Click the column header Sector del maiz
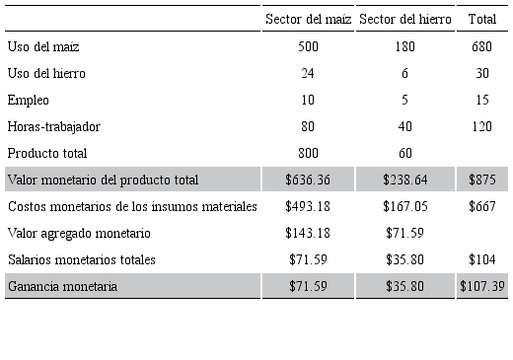pos(309,19)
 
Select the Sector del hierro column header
pos(404,19)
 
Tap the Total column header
pos(482,19)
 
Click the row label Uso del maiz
pos(43,46)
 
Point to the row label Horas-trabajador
pos(53,126)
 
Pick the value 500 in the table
pos(308,46)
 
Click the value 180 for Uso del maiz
pos(404,46)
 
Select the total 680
pos(482,46)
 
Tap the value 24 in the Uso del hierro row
pos(308,73)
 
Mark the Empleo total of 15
pos(482,100)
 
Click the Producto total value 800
pos(308,153)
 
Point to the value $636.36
pos(308,180)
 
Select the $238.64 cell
pos(404,180)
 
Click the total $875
pos(482,180)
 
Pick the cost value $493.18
pos(308,206)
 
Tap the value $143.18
pos(308,233)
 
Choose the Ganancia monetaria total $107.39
pos(482,286)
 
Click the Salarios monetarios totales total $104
pos(482,259)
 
